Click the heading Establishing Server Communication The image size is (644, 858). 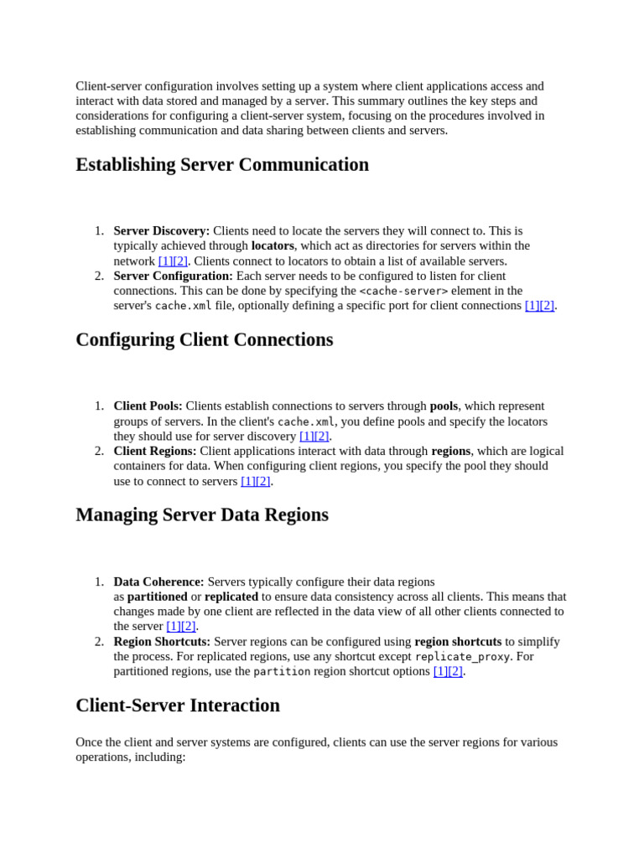pyautogui.click(x=222, y=165)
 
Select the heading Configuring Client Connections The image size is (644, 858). pyautogui.click(x=204, y=340)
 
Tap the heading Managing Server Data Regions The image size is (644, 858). pyautogui.click(x=202, y=515)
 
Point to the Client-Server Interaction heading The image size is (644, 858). pyautogui.click(x=178, y=706)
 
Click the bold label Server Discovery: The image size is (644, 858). pyautogui.click(x=162, y=230)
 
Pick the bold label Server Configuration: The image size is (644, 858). pyautogui.click(x=174, y=276)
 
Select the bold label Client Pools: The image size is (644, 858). pyautogui.click(x=148, y=406)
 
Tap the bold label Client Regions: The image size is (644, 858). pyautogui.click(x=155, y=451)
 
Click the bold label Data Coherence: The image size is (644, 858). pyautogui.click(x=158, y=581)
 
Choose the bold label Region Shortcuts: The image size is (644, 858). pyautogui.click(x=162, y=642)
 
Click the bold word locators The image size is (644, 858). pyautogui.click(x=273, y=246)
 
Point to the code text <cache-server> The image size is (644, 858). pyautogui.click(x=403, y=291)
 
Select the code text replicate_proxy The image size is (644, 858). pyautogui.click(x=462, y=657)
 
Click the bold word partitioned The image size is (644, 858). pyautogui.click(x=158, y=597)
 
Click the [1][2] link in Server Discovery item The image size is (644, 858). pyautogui.click(x=173, y=261)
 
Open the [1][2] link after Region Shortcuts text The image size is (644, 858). pyautogui.click(x=448, y=671)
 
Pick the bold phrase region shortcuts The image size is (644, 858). pyautogui.click(x=458, y=642)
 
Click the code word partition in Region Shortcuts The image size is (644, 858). pyautogui.click(x=282, y=672)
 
